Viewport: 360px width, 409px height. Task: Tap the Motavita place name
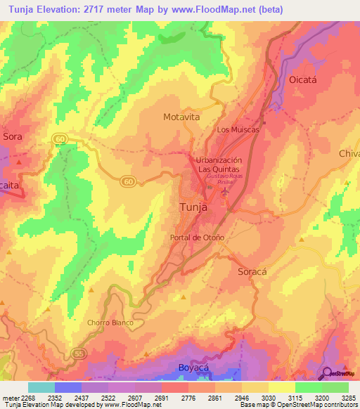pyautogui.click(x=182, y=117)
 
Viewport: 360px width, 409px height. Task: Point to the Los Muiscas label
pyautogui.click(x=238, y=129)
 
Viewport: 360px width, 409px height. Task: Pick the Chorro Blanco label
pyautogui.click(x=110, y=323)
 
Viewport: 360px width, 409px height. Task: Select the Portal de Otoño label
pyautogui.click(x=198, y=238)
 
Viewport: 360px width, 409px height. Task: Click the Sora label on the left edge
pyautogui.click(x=13, y=136)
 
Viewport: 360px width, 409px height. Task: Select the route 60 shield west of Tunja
pyautogui.click(x=127, y=181)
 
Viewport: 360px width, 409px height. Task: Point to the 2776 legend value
pyautogui.click(x=188, y=397)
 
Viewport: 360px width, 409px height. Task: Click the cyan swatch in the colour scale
pyautogui.click(x=41, y=387)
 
